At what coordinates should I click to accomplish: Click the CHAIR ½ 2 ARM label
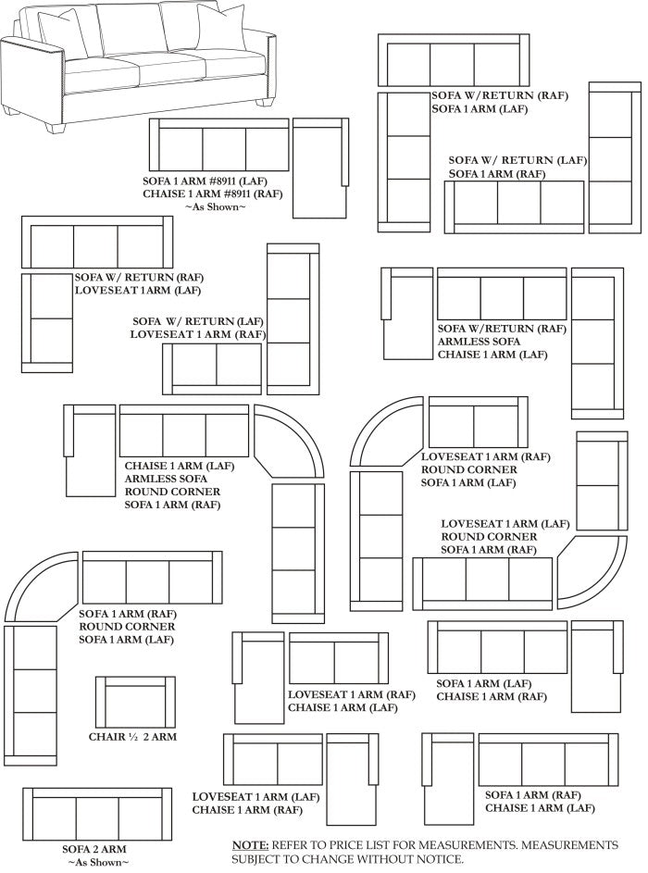(x=132, y=737)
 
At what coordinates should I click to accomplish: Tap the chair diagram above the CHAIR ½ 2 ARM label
(x=135, y=702)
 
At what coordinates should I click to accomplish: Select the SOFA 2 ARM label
(x=94, y=849)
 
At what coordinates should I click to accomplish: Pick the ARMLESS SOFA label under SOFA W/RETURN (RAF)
(x=479, y=342)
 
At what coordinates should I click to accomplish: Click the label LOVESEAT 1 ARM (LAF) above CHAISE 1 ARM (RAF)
(x=256, y=797)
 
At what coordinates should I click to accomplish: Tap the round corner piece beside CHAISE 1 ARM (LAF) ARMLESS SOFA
(x=289, y=441)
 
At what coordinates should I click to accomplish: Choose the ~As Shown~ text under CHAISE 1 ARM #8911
(x=215, y=206)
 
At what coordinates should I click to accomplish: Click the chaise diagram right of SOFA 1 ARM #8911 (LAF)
(x=320, y=168)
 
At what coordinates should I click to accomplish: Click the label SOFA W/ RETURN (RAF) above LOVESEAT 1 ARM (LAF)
(x=139, y=277)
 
